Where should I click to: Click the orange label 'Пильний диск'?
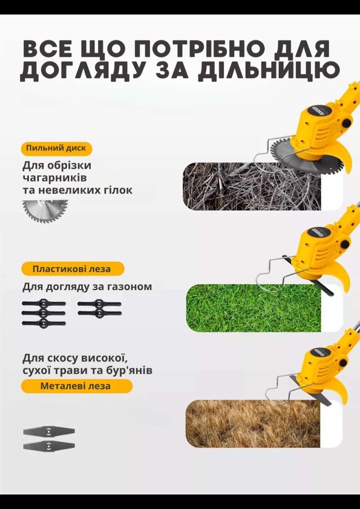coord(56,149)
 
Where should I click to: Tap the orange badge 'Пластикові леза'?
coord(73,269)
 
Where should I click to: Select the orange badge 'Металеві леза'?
coord(77,386)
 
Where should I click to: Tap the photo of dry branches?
coord(252,186)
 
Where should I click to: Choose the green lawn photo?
coord(254,308)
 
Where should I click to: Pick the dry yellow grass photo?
coord(253,423)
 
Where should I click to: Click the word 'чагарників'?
coord(54,178)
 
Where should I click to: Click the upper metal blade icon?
coord(49,432)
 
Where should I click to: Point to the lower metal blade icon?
coord(49,446)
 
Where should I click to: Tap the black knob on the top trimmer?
coord(346,123)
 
